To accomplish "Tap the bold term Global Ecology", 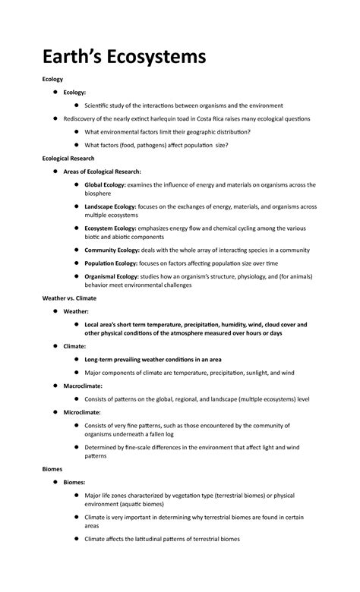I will (x=106, y=184).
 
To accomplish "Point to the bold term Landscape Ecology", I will (x=111, y=206).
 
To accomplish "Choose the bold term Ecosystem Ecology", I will (x=111, y=228).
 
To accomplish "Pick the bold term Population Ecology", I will (x=111, y=263).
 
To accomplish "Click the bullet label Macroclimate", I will (x=83, y=386).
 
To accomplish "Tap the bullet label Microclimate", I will (x=82, y=412).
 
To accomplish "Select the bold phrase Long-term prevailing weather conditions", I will (x=145, y=359).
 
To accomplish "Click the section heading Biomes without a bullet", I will (x=52, y=469).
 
